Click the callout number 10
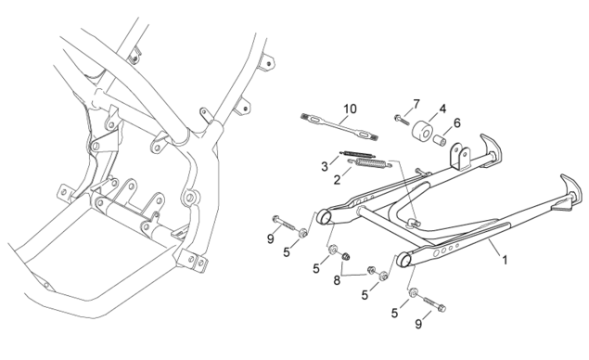[350, 109]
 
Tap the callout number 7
[416, 104]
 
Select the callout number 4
[442, 109]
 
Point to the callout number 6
[456, 122]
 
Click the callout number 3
[325, 166]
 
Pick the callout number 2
[337, 180]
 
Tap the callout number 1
[505, 260]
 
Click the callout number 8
[337, 280]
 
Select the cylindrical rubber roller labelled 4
[423, 130]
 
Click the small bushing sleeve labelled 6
[440, 140]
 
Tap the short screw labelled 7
[401, 120]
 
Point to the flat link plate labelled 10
[339, 127]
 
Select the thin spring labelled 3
[358, 154]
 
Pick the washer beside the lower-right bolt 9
[413, 292]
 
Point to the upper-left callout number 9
[271, 238]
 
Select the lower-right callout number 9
[418, 324]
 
